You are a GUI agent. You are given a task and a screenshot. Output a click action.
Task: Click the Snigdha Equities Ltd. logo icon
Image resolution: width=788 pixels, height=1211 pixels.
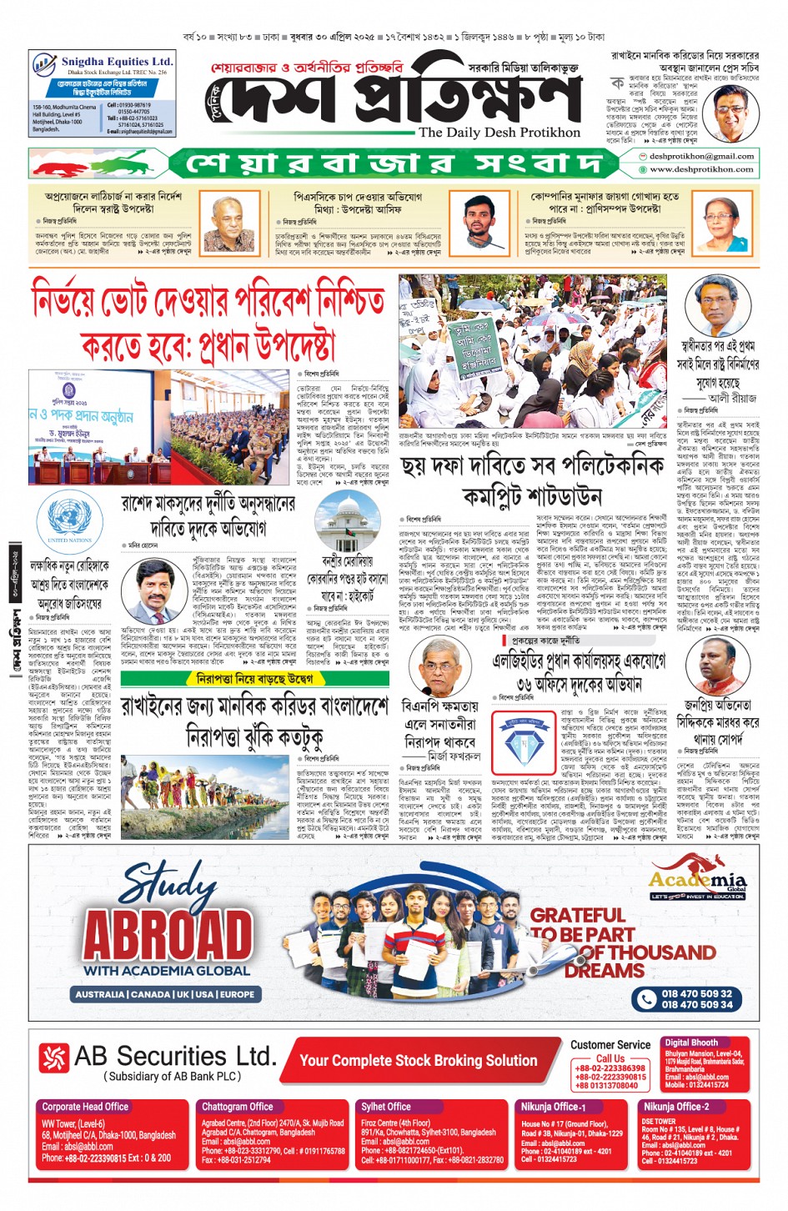[44, 65]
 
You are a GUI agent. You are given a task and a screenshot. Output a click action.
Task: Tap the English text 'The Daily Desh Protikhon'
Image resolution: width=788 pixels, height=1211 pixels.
[499, 133]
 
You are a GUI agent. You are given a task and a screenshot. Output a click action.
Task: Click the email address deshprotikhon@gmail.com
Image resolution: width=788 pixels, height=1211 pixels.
[701, 156]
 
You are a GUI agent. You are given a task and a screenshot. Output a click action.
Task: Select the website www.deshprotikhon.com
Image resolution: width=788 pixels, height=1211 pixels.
[701, 169]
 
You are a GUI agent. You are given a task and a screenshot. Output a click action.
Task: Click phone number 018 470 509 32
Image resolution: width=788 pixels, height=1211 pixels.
[696, 993]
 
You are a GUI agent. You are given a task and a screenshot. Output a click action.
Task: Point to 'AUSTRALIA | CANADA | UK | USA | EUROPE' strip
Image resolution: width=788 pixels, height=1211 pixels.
[165, 994]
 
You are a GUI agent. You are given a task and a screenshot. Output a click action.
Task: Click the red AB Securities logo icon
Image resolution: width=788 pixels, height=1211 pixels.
[54, 1058]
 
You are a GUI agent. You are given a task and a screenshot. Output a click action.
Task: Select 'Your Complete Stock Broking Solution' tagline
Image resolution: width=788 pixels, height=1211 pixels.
[418, 1061]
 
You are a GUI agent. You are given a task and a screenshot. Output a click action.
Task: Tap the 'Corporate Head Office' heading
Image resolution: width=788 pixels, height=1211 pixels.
[85, 1107]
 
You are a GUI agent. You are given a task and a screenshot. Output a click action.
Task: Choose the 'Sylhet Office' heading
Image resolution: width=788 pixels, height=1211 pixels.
[386, 1107]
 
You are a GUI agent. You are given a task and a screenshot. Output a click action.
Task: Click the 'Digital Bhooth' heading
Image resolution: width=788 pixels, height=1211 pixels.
[691, 1043]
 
